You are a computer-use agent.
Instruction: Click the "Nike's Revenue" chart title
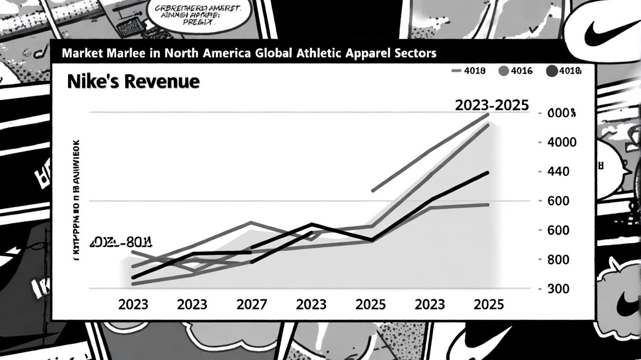(x=133, y=82)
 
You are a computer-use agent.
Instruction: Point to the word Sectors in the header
(x=414, y=53)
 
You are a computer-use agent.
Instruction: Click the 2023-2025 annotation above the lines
(x=492, y=105)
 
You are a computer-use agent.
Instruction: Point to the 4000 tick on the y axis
(x=562, y=142)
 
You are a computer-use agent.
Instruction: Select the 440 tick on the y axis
(x=558, y=172)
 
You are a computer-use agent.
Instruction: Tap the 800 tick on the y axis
(x=558, y=260)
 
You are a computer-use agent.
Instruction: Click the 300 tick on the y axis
(x=558, y=289)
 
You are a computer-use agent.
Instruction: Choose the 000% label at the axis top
(x=561, y=113)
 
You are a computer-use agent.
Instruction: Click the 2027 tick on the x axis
(x=252, y=305)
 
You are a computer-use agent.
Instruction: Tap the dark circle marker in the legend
(x=552, y=71)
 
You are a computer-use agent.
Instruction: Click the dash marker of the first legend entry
(x=457, y=71)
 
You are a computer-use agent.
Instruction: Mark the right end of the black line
(x=488, y=173)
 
